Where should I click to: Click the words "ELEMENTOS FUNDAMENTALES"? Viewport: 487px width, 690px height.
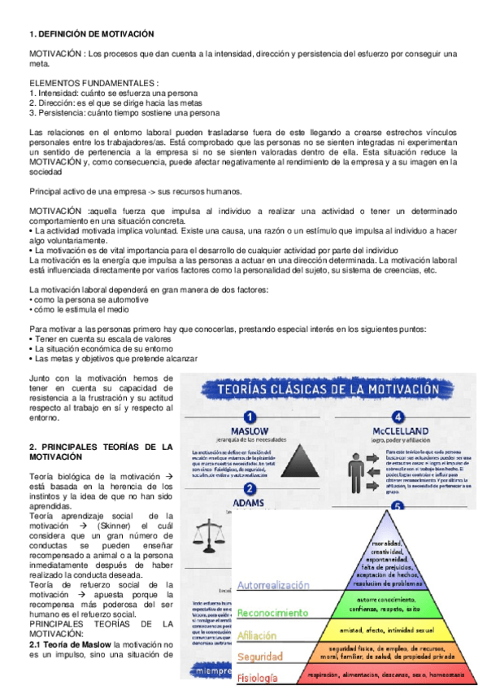(91, 83)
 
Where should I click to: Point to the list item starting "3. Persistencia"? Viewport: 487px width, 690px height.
(124, 113)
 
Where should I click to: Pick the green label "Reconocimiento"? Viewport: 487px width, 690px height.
(272, 611)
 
